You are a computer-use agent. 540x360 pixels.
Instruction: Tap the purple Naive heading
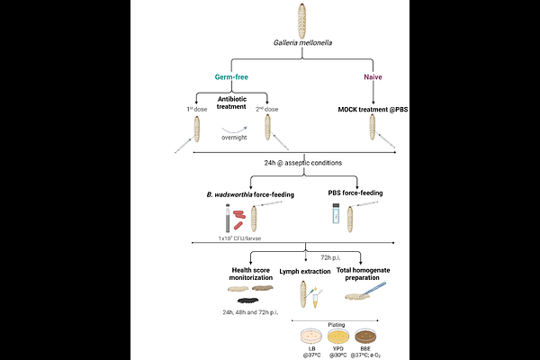pyautogui.click(x=372, y=78)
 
